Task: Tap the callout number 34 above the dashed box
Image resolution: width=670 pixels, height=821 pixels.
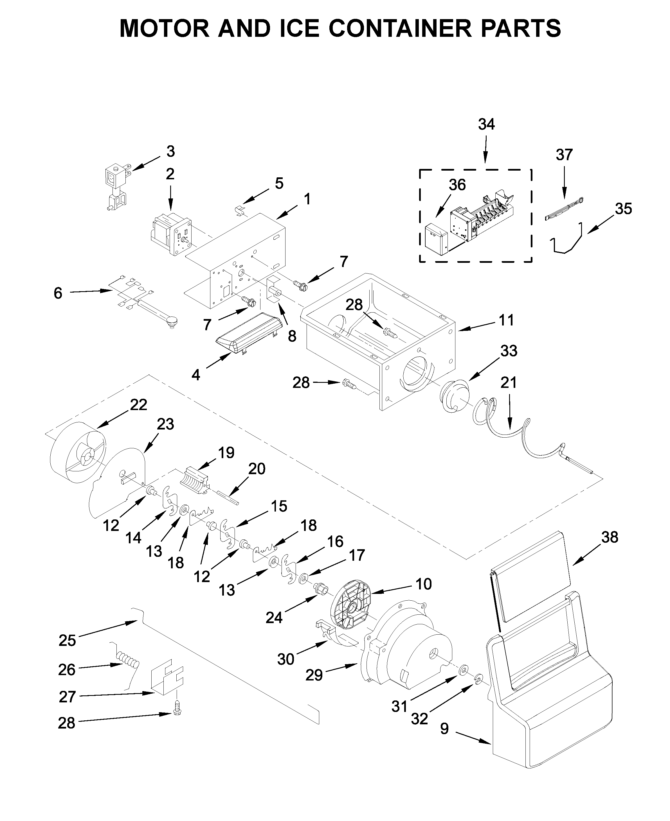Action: coord(486,124)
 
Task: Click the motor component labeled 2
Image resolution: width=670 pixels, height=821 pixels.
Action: coord(170,234)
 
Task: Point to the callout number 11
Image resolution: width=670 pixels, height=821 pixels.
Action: coord(506,320)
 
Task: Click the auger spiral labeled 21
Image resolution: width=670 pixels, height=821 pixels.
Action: coord(529,440)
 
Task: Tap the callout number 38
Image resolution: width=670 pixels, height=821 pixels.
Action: coord(610,537)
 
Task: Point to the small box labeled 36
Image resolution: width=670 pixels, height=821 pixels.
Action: coord(435,240)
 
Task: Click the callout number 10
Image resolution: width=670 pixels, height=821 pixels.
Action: coord(423,584)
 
